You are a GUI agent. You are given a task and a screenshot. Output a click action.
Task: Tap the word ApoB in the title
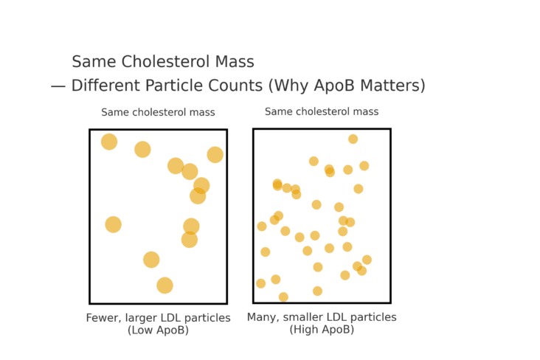coord(322,86)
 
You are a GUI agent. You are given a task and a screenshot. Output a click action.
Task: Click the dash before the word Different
coord(58,86)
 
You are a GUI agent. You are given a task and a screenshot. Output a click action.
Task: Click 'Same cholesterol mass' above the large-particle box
coord(158,113)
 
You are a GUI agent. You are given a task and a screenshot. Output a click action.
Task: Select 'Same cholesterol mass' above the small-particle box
coord(322,112)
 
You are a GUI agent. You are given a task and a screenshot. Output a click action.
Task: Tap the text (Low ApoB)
coord(158,330)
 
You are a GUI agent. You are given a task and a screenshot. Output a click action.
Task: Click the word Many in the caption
coord(262,317)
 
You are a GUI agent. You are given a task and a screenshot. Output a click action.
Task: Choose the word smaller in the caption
coord(306,317)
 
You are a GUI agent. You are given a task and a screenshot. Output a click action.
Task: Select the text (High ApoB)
coord(322,330)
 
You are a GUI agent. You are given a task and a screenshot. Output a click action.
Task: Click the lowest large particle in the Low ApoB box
coord(165,285)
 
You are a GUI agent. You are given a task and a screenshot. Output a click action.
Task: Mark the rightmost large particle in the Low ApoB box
coord(215,155)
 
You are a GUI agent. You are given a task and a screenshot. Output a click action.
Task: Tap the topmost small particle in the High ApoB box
coord(353,139)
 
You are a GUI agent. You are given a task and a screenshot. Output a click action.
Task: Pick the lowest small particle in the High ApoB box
coord(283,297)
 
